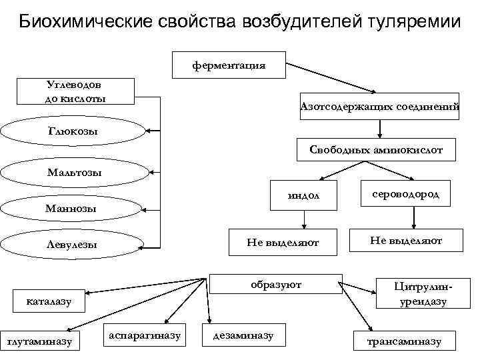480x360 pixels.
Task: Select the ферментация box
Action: [229, 65]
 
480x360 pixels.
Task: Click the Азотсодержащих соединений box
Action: [379, 105]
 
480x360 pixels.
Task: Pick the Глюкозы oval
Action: [73, 131]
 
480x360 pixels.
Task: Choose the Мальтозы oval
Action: [74, 173]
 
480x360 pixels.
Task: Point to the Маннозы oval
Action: [71, 209]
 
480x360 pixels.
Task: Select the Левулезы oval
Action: [72, 245]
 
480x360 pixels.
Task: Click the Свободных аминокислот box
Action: [376, 150]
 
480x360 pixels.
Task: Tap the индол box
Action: [304, 195]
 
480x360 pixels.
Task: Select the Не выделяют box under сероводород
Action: [406, 240]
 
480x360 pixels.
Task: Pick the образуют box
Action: [276, 285]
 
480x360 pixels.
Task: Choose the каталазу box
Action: [48, 303]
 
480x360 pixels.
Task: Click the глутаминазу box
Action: [39, 341]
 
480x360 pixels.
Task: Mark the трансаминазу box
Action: [405, 341]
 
